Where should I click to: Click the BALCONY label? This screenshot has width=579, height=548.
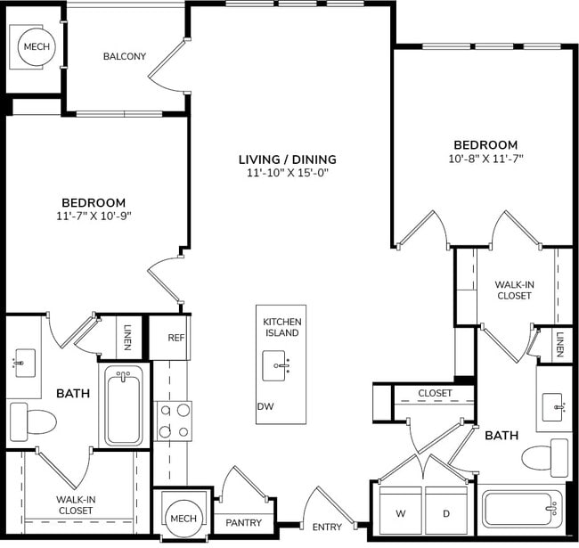pyautogui.click(x=125, y=56)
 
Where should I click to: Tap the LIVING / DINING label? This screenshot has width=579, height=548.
pyautogui.click(x=287, y=159)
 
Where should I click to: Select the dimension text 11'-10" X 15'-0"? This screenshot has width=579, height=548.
pyautogui.click(x=288, y=173)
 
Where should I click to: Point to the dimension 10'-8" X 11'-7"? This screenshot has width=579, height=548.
pyautogui.click(x=485, y=159)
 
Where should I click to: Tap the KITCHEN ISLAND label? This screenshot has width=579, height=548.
pyautogui.click(x=281, y=327)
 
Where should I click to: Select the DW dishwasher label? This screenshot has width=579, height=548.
pyautogui.click(x=265, y=405)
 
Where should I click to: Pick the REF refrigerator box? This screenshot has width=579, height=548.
pyautogui.click(x=175, y=339)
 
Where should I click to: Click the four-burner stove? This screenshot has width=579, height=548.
pyautogui.click(x=174, y=421)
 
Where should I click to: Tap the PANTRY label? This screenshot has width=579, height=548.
pyautogui.click(x=243, y=523)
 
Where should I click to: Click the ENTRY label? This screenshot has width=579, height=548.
pyautogui.click(x=327, y=527)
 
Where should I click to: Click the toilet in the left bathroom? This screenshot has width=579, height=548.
pyautogui.click(x=34, y=418)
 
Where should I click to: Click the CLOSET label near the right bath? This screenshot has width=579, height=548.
pyautogui.click(x=435, y=393)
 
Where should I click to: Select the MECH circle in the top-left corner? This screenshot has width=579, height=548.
pyautogui.click(x=37, y=47)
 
